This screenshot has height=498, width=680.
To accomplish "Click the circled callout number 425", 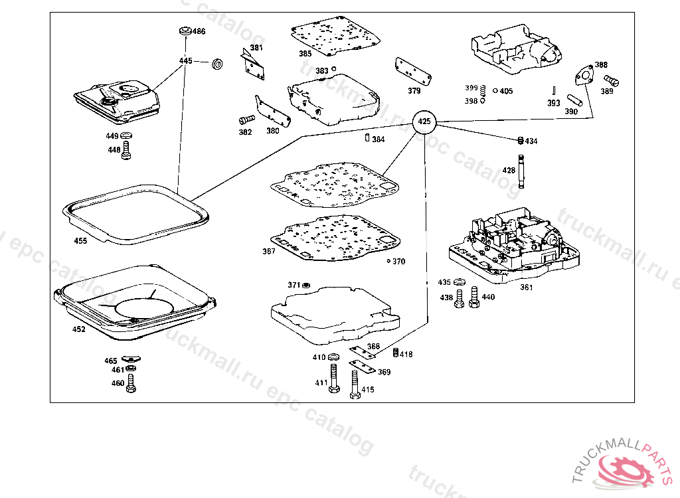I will [x=424, y=122].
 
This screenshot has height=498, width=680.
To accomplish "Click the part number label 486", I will [x=199, y=32].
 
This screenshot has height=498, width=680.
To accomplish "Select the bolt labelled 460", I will [x=131, y=382].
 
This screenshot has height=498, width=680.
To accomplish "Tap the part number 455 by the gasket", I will [x=80, y=241].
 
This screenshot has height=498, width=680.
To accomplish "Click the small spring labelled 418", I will [x=396, y=352].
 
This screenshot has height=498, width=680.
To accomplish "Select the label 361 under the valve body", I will [x=526, y=288].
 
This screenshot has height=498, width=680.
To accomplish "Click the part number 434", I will [x=531, y=141].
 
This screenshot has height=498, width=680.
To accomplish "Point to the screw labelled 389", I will [x=611, y=81].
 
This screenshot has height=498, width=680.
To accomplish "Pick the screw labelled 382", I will [x=246, y=120].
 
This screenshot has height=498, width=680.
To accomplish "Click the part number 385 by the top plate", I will [x=305, y=54].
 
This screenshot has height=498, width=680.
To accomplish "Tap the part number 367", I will [x=268, y=252].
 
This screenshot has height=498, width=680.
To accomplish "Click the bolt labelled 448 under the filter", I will [x=127, y=149].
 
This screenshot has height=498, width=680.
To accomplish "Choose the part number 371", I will [x=294, y=285].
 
